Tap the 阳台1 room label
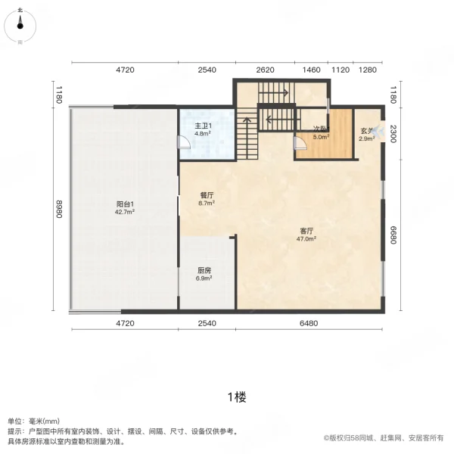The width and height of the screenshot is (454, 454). pos(125,204)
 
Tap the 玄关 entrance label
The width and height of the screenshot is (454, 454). pos(367,131)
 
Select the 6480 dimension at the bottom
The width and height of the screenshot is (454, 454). pos(309,323)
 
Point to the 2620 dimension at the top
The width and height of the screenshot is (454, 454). pos(265,70)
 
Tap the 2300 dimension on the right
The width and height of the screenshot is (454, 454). pos(393,132)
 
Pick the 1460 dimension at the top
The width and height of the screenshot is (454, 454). pos(312,70)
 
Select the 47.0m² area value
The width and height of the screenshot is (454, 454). pos(306,238)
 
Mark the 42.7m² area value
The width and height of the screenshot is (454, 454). pos(125,212)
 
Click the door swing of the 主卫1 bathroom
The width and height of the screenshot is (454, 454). pos(182,143)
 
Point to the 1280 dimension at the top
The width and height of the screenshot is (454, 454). pos(368,70)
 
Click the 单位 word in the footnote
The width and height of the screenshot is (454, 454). pos(15,421)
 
